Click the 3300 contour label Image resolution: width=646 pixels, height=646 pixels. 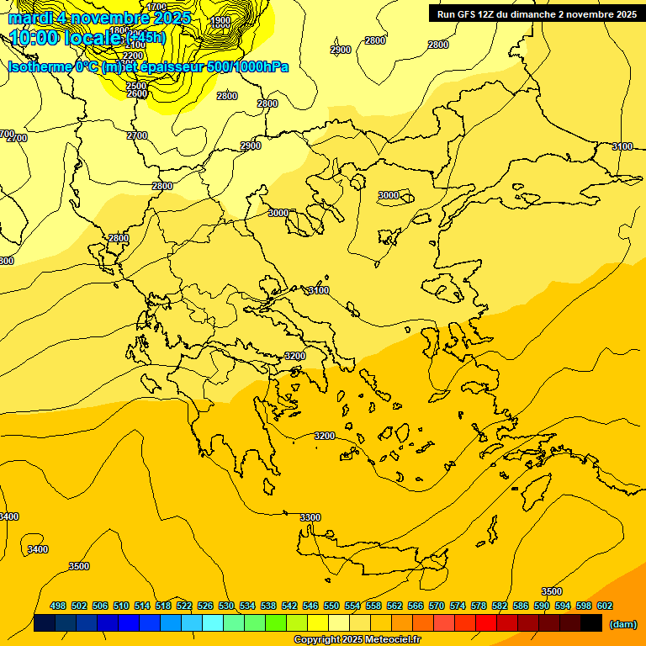coord(310,517)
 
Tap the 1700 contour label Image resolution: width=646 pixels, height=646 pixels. coord(156,7)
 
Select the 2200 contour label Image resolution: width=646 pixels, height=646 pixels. coord(133,56)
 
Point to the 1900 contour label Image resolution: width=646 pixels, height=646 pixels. coord(220,20)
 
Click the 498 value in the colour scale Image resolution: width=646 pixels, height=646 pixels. coord(58,606)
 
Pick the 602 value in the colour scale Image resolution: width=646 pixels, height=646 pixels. coord(604,606)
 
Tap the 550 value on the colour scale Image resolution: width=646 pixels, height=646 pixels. coord(331,606)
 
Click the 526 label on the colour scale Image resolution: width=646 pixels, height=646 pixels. coord(205,606)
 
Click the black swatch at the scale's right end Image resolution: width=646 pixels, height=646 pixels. coord(591,623)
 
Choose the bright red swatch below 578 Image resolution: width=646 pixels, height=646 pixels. coord(486,623)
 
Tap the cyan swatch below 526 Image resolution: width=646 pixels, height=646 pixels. coord(213,623)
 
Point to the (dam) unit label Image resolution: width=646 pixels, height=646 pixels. coord(622,623)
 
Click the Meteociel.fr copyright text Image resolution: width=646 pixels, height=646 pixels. coord(357,640)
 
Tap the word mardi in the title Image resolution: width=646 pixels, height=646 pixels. coord(30,18)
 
